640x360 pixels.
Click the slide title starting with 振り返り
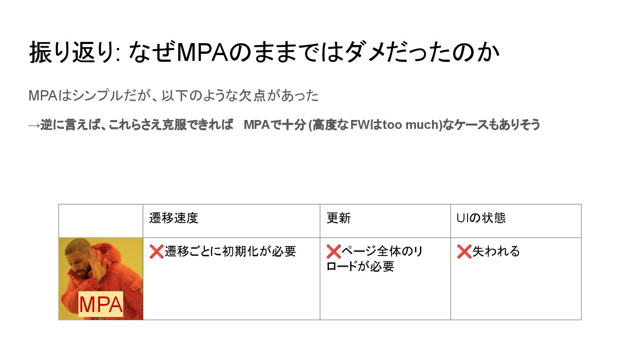point(264,52)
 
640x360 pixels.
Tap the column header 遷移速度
point(174,218)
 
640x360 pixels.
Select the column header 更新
point(339,218)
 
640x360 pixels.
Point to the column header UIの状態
point(481,218)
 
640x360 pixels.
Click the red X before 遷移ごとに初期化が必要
point(156,252)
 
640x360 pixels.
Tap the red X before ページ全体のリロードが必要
point(333,252)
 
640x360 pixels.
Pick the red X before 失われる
point(464,252)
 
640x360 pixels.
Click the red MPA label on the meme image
point(100,305)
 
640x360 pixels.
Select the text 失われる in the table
point(496,252)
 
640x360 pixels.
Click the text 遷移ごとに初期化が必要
point(230,252)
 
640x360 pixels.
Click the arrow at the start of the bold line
point(34,125)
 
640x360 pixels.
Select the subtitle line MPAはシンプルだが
point(173,96)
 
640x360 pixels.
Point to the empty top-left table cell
point(101,221)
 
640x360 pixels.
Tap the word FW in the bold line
point(358,125)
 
